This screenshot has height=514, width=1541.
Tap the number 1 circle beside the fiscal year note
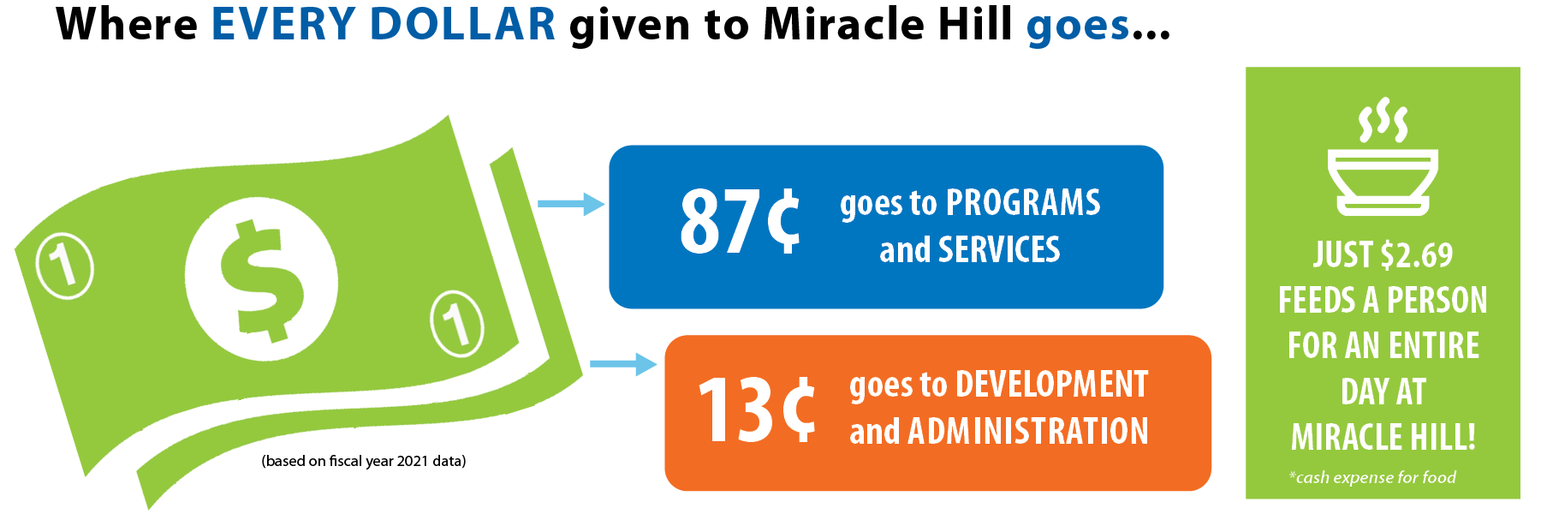[x=457, y=323]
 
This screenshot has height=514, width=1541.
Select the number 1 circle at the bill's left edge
[x=64, y=266]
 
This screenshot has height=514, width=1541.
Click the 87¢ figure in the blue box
[x=740, y=222]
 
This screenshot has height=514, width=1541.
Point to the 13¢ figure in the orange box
[x=757, y=410]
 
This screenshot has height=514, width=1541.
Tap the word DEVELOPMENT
[x=1051, y=385]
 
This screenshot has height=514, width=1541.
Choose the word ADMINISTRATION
[x=1028, y=431]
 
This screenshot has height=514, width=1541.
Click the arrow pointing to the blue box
[x=571, y=204]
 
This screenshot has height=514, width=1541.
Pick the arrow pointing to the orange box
[x=623, y=364]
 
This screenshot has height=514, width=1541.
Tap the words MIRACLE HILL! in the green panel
[x=1383, y=437]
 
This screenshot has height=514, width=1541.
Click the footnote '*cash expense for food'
[x=1372, y=477]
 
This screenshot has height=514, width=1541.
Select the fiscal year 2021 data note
[x=364, y=461]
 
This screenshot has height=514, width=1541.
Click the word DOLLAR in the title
[x=462, y=24]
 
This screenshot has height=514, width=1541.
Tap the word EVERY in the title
[x=283, y=24]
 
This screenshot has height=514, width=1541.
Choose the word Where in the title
[x=127, y=24]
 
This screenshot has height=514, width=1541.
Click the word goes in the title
[x=1079, y=27]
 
